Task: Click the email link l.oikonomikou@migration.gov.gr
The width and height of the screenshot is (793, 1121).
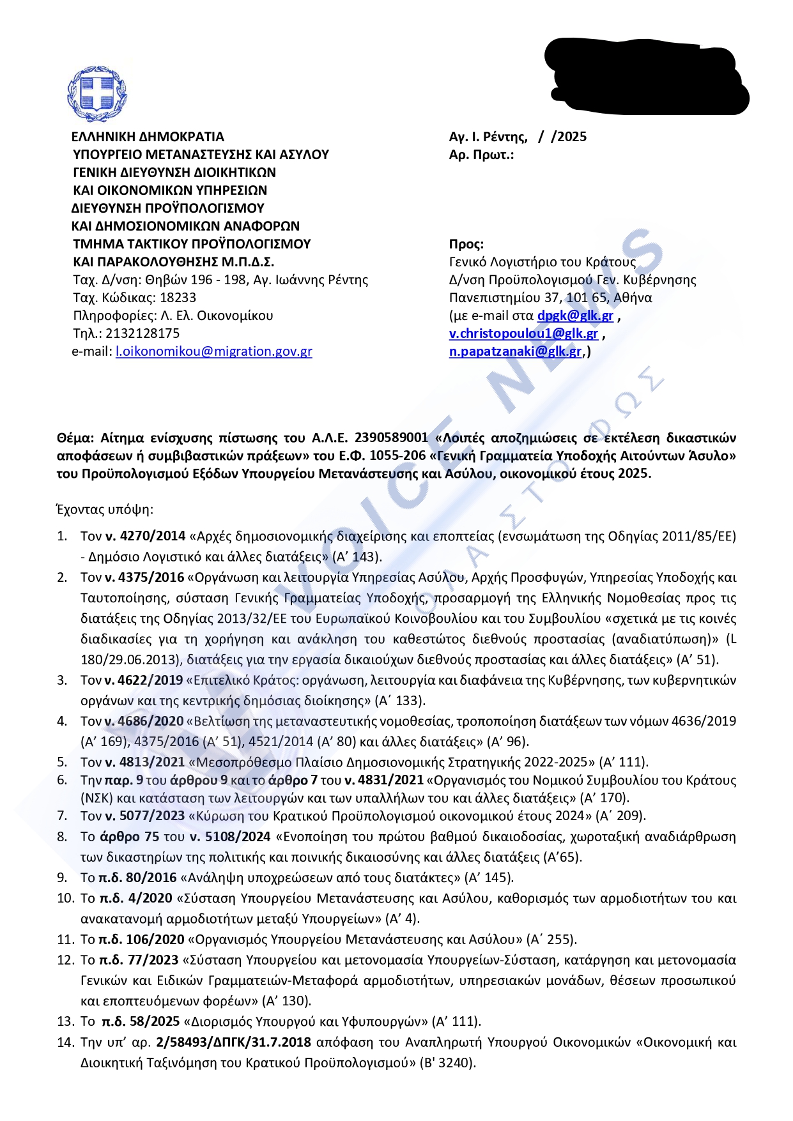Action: [213, 351]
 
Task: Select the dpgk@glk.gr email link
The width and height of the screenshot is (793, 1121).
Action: [575, 316]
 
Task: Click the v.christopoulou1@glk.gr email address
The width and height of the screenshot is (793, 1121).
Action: [523, 333]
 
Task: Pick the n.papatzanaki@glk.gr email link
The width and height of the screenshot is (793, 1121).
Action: [515, 351]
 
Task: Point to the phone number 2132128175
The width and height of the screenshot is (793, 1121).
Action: [142, 333]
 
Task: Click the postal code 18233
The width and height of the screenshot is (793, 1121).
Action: [178, 298]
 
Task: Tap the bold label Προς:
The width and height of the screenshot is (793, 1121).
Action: [466, 244]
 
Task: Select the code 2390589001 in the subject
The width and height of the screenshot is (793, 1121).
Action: [391, 438]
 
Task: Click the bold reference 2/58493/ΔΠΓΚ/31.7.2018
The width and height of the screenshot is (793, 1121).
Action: [233, 1042]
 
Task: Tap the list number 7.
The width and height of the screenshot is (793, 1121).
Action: [62, 816]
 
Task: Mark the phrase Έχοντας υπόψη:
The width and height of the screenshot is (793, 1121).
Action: [105, 510]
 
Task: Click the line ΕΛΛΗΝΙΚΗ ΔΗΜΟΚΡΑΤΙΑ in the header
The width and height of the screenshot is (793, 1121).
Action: [148, 137]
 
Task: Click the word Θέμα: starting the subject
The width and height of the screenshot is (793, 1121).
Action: [75, 438]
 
